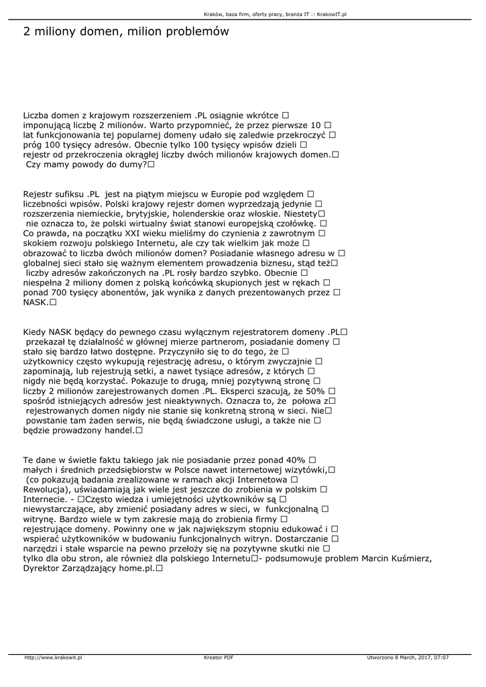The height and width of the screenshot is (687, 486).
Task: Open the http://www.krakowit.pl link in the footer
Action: [x=53, y=657]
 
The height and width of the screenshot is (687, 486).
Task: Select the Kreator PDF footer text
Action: [x=219, y=657]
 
